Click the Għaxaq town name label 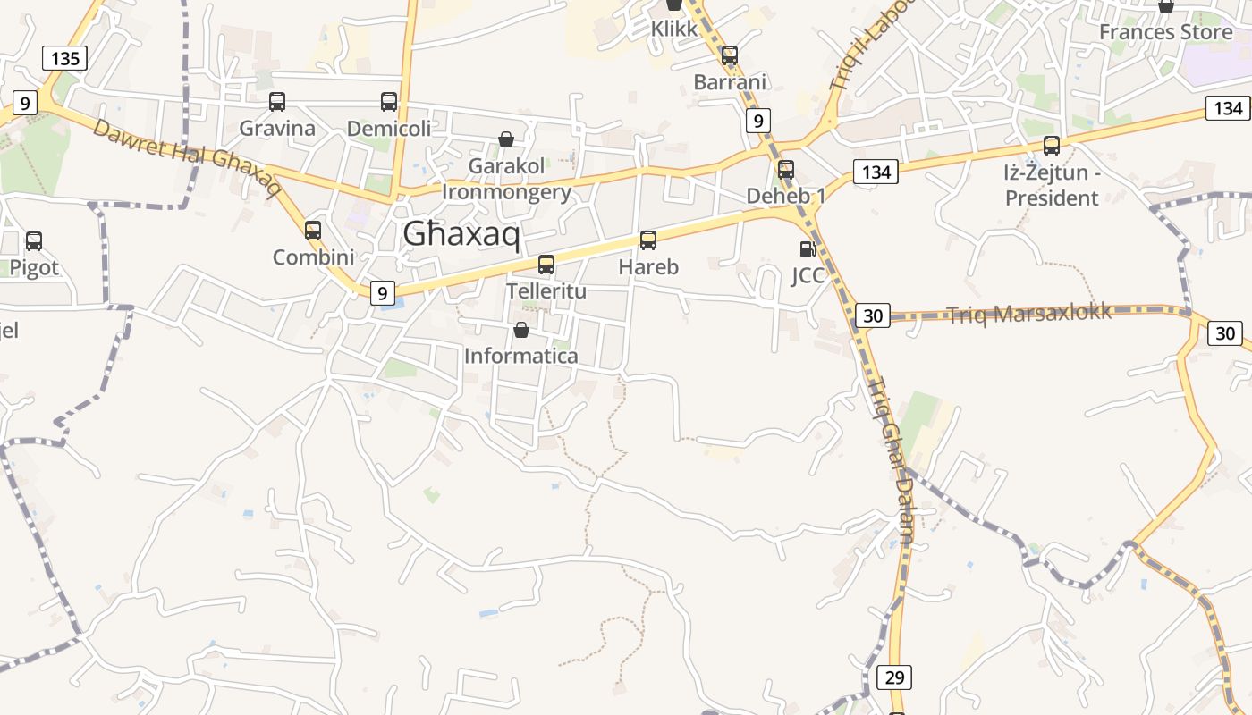[x=461, y=234]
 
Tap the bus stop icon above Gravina [x=277, y=102]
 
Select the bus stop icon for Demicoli [x=389, y=102]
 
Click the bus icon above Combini [x=313, y=231]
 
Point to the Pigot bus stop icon [x=34, y=241]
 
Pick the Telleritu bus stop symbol [x=546, y=265]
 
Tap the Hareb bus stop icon [x=648, y=240]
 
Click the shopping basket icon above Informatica [x=521, y=331]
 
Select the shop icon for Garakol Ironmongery [x=506, y=139]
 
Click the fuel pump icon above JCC [x=808, y=249]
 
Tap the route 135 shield [x=65, y=59]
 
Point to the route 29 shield [x=894, y=677]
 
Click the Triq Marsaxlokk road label [x=1029, y=313]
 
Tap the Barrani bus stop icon [x=730, y=55]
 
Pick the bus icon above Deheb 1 [x=786, y=170]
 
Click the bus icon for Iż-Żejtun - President [x=1052, y=146]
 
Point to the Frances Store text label [x=1165, y=32]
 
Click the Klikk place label [x=674, y=29]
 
